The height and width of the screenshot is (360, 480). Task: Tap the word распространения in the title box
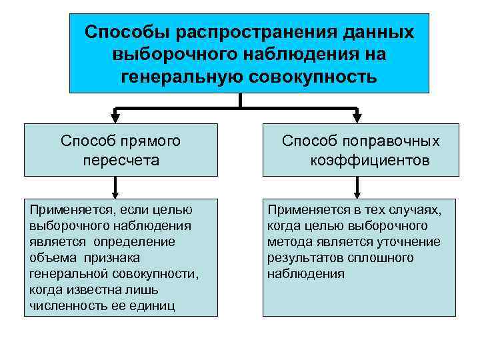(245, 32)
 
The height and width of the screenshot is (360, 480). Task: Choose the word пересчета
(121, 160)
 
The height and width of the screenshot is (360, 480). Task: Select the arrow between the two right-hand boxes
(359, 187)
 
